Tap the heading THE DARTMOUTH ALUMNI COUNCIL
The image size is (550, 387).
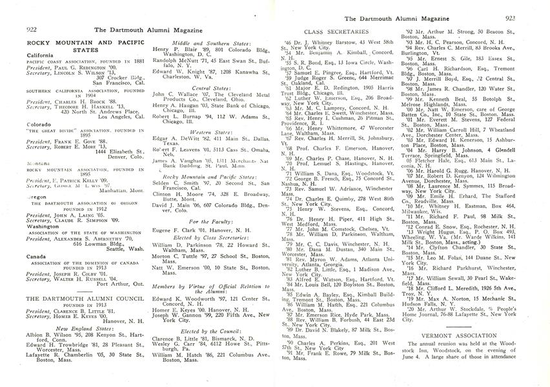tap(75, 299)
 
